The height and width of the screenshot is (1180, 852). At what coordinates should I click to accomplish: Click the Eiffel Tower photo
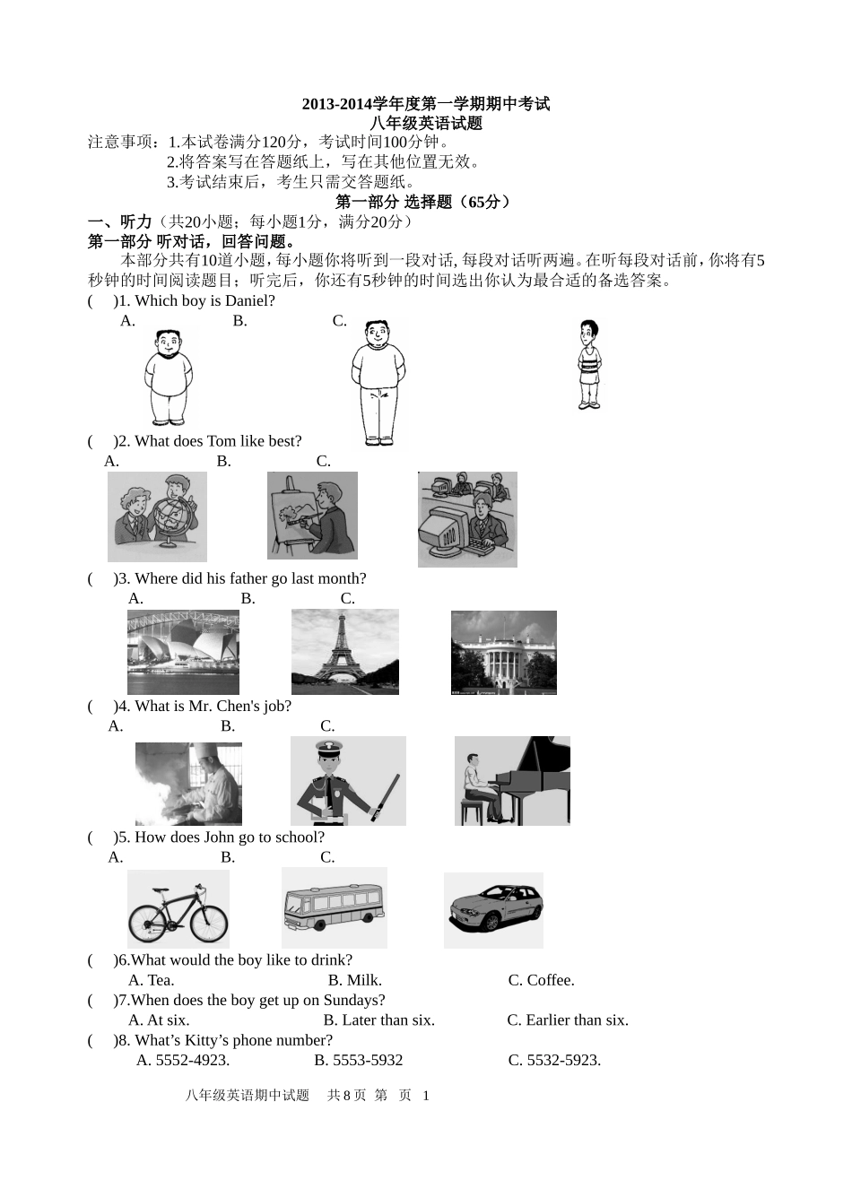pos(345,652)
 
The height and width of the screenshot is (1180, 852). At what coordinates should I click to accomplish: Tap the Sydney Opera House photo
pos(183,652)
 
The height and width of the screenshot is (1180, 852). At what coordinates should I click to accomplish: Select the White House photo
pos(503,653)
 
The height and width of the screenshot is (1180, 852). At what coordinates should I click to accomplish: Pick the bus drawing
pos(334,907)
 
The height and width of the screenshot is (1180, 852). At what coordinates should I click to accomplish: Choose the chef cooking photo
pos(188,784)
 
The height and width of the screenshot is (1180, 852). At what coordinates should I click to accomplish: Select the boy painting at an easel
pos(312,516)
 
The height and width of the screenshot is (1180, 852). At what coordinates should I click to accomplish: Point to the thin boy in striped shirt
pos(588,365)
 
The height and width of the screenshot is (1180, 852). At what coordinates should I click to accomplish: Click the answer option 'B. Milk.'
pos(354,980)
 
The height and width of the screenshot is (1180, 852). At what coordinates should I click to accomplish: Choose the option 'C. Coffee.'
pos(541,980)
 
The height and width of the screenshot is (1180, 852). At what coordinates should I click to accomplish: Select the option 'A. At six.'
pos(159,1019)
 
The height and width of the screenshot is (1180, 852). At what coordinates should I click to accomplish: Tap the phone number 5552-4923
pos(192,1060)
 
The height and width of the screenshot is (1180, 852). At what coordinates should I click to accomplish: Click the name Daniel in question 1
pos(247,301)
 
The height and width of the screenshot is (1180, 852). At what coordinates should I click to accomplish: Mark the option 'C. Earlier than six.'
pos(567,1019)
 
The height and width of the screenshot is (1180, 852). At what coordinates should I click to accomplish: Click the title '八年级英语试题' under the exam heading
pos(426,124)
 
